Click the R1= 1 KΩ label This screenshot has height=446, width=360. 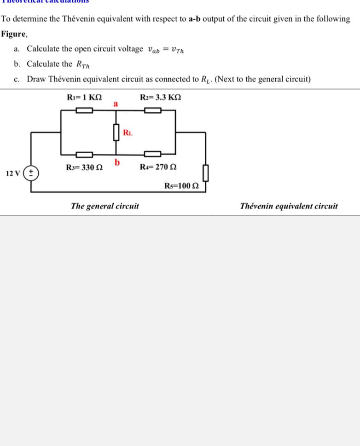[84, 98]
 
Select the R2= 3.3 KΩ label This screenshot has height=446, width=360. [161, 98]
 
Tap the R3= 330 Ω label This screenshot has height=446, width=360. [84, 168]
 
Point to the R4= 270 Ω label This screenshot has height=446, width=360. [158, 168]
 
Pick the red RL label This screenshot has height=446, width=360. [128, 133]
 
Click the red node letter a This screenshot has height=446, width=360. [116, 104]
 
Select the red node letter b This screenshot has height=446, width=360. [117, 162]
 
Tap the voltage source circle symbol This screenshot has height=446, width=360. [31, 173]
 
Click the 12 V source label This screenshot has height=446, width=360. [13, 174]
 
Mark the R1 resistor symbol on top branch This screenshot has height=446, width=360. [84, 110]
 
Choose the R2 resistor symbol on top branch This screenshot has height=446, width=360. [153, 110]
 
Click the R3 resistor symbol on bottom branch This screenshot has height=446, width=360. [84, 154]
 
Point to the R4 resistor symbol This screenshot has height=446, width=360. [153, 154]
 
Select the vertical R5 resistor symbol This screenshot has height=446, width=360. [205, 173]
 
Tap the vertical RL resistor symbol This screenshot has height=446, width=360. [116, 133]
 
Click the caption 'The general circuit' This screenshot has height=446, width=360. [105, 206]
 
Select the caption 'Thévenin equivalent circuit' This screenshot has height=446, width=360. [289, 206]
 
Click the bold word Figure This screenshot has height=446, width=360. [13, 34]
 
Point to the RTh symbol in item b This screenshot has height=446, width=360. [83, 64]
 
